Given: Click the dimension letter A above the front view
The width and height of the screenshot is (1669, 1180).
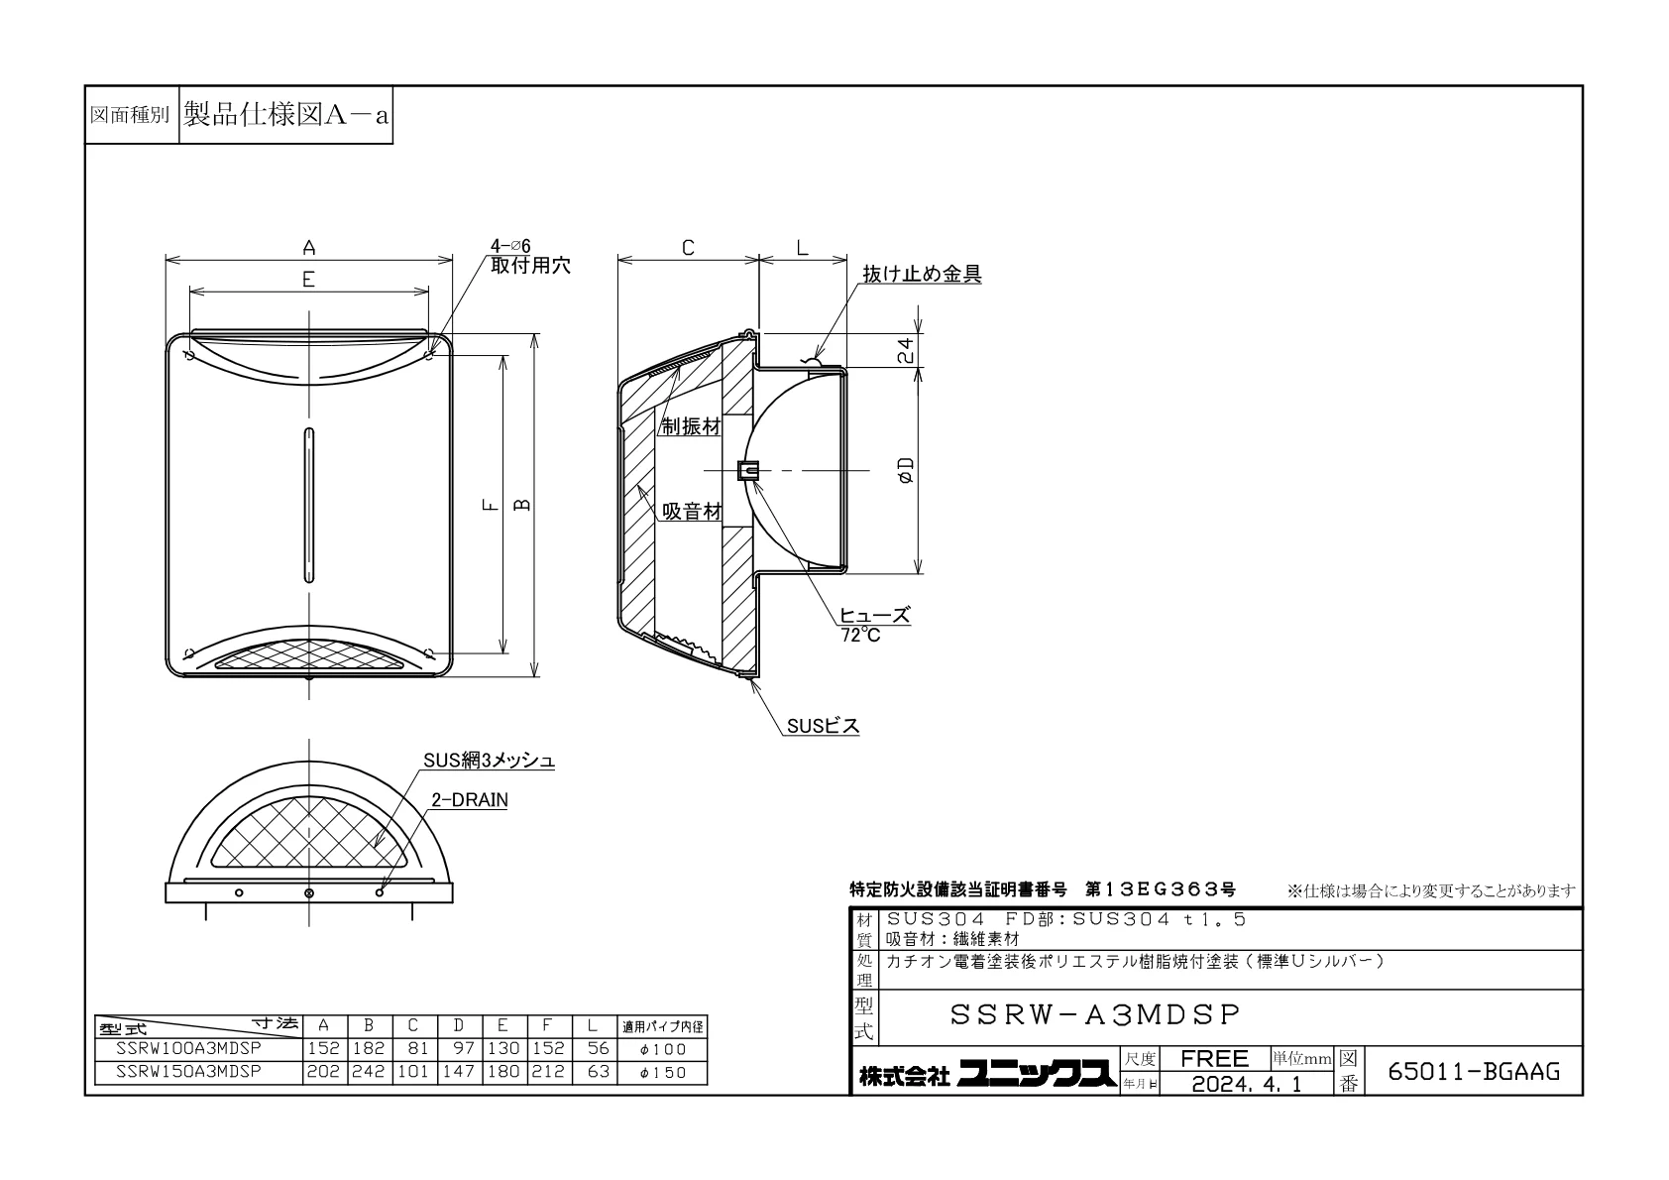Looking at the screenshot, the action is pos(309,248).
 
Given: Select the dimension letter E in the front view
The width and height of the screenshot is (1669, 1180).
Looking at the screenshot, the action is pos(308,280).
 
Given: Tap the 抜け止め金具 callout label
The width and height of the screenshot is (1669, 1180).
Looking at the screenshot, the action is pos(922,275).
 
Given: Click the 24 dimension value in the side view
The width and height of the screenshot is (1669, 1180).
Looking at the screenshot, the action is pos(905,350).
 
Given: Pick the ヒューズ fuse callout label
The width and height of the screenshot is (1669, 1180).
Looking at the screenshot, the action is pos(875,616).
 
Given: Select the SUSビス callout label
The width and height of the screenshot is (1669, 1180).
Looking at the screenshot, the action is pos(823,726).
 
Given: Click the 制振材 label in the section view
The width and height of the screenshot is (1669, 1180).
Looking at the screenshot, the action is pos(692,426).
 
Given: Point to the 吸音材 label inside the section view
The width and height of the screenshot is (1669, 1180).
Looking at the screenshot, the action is pos(692,512).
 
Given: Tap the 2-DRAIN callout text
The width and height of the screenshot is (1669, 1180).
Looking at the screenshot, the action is pos(470,800).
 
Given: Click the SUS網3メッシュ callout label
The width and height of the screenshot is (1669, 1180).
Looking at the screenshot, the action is pos(489,761).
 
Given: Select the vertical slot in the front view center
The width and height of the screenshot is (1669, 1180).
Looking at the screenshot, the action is pos(309,505).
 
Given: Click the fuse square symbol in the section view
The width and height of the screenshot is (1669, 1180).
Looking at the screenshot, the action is pos(748,470).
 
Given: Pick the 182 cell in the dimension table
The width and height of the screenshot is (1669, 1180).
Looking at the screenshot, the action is pos(369,1049).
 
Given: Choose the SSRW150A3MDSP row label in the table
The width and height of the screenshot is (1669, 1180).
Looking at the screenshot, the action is pos(188,1071).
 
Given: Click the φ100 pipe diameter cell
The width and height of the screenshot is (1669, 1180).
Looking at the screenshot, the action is pos(663,1049).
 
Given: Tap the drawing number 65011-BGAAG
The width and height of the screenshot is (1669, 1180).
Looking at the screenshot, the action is pos(1473,1072).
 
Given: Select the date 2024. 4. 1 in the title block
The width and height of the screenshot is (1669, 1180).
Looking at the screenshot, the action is pos(1247,1084).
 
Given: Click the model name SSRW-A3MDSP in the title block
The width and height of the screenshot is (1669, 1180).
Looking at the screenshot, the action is pos(1095,1014).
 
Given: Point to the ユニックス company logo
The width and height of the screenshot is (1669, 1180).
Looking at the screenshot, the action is pos(1037,1075).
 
